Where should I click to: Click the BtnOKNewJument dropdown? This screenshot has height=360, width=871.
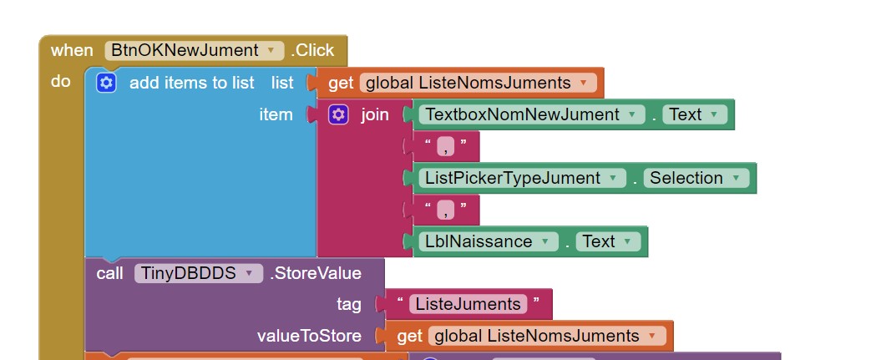(194, 51)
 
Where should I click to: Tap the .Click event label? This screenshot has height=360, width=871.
(312, 51)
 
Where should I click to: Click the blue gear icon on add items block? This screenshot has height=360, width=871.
(106, 83)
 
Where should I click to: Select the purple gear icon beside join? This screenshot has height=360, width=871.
(338, 115)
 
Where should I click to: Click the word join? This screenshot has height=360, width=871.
(375, 115)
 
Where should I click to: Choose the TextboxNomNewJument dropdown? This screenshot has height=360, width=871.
(532, 114)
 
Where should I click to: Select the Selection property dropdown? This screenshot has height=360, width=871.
(696, 178)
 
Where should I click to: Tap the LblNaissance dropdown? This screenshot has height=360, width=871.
(489, 241)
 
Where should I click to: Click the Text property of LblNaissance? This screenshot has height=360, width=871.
(608, 241)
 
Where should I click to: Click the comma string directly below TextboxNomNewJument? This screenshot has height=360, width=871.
(445, 147)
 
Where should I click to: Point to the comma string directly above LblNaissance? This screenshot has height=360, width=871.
(445, 210)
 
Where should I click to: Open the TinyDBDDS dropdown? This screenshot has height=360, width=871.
(198, 273)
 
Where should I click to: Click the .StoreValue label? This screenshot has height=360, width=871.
(316, 273)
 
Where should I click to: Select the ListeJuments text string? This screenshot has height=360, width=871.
(468, 304)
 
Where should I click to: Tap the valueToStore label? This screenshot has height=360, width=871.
(309, 336)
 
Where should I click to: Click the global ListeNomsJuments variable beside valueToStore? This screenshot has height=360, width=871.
(547, 336)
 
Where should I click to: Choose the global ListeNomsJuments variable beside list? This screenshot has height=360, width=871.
(479, 83)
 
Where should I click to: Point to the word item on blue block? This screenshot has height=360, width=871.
(276, 115)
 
